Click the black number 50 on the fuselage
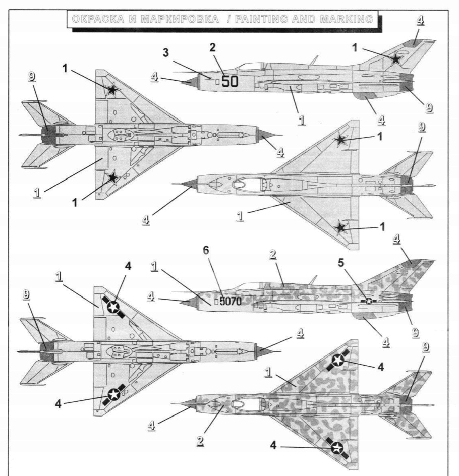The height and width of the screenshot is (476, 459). [229, 81]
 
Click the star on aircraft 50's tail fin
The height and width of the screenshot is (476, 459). [397, 59]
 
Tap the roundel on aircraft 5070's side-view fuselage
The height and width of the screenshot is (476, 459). [369, 301]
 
